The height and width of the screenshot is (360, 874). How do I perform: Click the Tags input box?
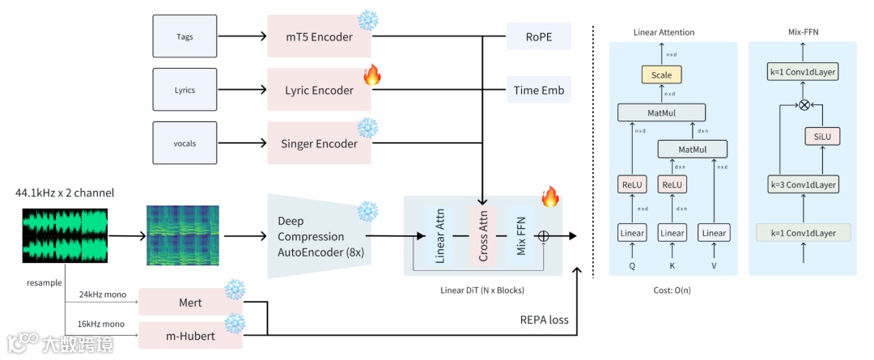[185, 36]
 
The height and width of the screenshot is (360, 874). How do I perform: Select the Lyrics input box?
[185, 90]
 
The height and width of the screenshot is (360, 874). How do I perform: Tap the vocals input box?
[185, 143]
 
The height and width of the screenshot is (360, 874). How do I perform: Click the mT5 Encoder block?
[319, 36]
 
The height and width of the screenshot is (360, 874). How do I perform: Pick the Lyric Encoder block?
[319, 90]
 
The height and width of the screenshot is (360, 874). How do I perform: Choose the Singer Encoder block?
[319, 143]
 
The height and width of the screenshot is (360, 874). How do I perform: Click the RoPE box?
[538, 36]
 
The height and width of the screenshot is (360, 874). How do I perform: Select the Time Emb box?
[538, 90]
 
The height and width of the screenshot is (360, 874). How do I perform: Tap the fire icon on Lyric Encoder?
[372, 76]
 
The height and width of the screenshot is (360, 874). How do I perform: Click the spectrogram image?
[183, 235]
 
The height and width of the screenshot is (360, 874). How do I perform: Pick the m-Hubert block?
[190, 335]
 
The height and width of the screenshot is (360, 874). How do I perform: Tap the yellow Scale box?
[662, 75]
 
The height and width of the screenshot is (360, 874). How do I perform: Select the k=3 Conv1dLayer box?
[804, 185]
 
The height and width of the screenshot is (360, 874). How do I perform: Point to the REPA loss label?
[545, 320]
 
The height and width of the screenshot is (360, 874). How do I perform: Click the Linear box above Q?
[633, 233]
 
